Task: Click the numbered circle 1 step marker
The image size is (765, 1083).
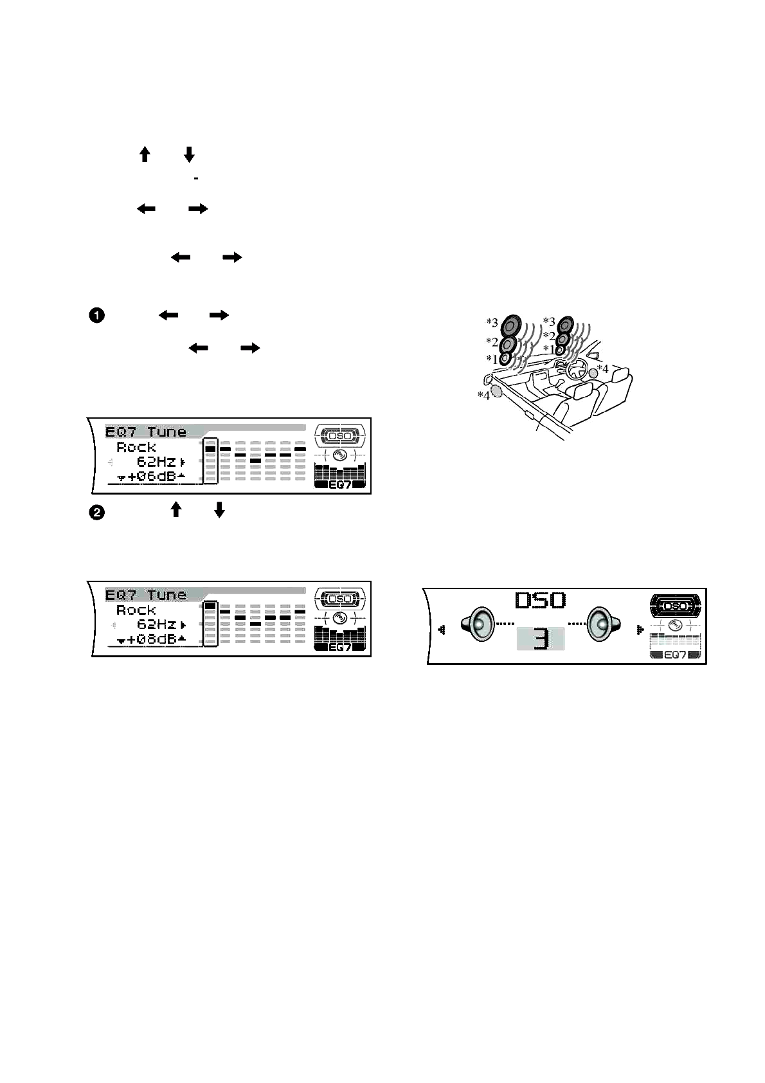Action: point(95,316)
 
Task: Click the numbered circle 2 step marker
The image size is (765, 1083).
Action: point(95,513)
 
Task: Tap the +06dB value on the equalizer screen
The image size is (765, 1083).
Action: point(152,477)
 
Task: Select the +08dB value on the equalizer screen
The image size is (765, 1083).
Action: point(152,639)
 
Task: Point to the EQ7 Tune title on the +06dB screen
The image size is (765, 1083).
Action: point(146,432)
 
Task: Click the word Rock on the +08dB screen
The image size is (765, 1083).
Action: point(136,610)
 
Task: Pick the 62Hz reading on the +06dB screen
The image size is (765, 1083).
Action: point(156,462)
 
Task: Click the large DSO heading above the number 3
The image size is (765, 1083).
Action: point(541,601)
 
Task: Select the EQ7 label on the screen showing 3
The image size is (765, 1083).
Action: point(675,655)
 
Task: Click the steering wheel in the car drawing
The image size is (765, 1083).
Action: point(575,369)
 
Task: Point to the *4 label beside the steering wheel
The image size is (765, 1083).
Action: point(602,369)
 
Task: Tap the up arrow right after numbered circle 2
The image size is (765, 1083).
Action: point(175,510)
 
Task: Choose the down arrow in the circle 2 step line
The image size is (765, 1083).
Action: point(219,510)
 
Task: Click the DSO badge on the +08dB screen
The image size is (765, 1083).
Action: point(339,599)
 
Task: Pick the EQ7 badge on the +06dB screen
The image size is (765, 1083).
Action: point(339,484)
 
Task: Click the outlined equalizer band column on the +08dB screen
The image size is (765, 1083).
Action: point(210,624)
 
